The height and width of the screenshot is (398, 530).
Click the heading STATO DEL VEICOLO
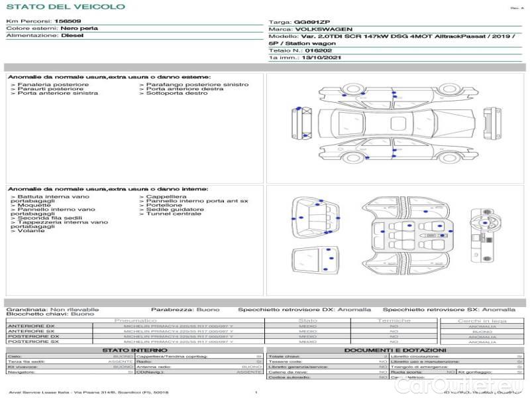tap(65, 7)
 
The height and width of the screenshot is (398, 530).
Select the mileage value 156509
tap(68, 21)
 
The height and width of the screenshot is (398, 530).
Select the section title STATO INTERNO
tap(131, 350)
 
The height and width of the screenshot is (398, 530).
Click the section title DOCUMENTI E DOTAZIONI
tap(395, 350)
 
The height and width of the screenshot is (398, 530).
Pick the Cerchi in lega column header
tap(482, 320)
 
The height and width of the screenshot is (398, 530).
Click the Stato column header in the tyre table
tap(308, 320)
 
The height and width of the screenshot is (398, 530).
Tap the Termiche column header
tap(394, 320)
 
